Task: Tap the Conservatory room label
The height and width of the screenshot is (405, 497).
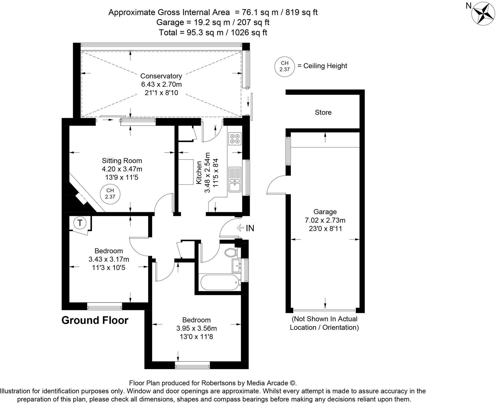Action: (x=161, y=76)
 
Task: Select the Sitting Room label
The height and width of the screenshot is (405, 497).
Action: (x=122, y=161)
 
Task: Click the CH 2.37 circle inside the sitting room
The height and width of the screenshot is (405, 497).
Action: (x=110, y=194)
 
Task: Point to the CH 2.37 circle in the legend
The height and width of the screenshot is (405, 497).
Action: (x=284, y=66)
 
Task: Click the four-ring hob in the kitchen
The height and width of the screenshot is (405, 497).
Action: (x=235, y=139)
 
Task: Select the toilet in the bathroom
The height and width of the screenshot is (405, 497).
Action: (x=231, y=253)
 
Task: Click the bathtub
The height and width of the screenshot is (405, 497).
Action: (x=220, y=283)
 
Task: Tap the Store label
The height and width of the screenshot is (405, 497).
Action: (x=323, y=112)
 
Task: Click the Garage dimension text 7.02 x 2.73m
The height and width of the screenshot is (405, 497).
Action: (x=325, y=220)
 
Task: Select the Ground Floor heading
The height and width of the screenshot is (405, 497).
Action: (x=95, y=320)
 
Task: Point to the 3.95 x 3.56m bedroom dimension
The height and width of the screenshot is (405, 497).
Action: (x=196, y=328)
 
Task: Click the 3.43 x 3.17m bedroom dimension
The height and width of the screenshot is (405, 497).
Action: (x=109, y=259)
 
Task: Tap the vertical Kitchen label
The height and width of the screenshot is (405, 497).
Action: (x=199, y=173)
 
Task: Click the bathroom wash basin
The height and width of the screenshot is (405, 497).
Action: (x=236, y=266)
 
